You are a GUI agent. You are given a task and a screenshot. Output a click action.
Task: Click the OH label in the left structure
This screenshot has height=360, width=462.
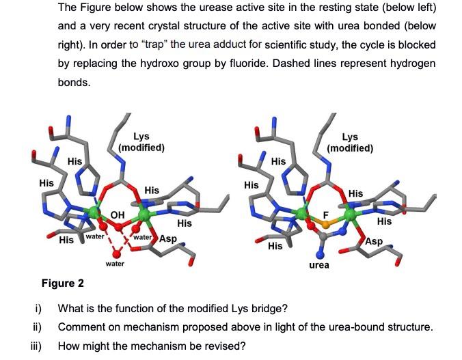click(x=118, y=214)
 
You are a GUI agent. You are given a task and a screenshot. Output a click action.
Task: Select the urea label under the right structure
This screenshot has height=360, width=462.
click(x=319, y=264)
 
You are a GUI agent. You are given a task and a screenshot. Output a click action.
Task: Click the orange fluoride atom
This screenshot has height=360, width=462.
click(x=326, y=223)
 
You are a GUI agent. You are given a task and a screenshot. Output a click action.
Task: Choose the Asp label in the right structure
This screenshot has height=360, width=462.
click(x=374, y=241)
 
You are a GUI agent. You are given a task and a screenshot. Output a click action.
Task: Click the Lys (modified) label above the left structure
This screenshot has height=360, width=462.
click(x=141, y=141)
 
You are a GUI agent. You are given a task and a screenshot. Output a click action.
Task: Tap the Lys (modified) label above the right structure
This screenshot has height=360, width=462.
click(x=350, y=143)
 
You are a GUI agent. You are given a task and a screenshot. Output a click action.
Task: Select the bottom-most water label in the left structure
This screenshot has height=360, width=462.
click(x=115, y=263)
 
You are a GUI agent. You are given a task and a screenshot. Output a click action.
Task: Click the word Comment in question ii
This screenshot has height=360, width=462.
click(x=82, y=327)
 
